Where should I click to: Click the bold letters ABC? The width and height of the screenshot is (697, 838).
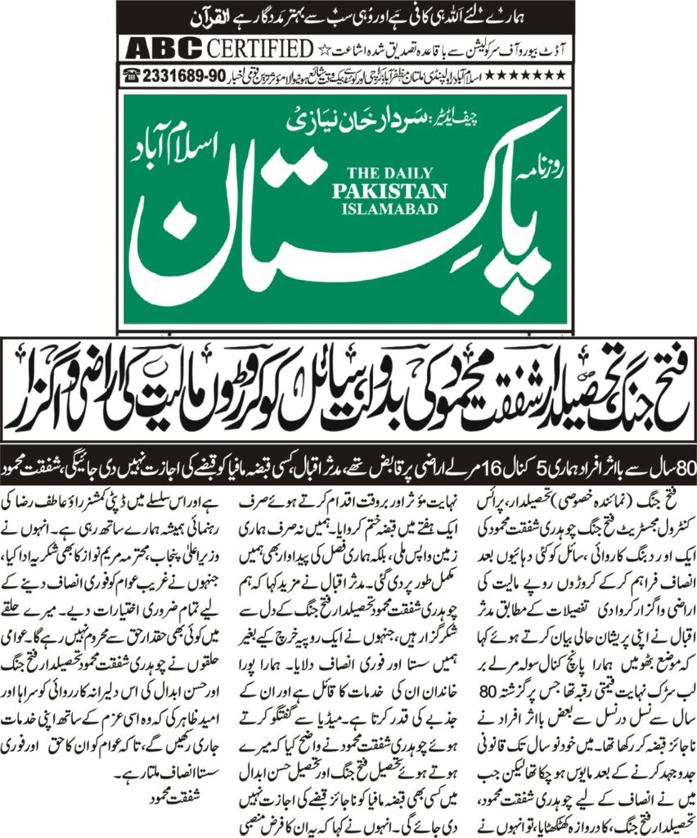(157, 47)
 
